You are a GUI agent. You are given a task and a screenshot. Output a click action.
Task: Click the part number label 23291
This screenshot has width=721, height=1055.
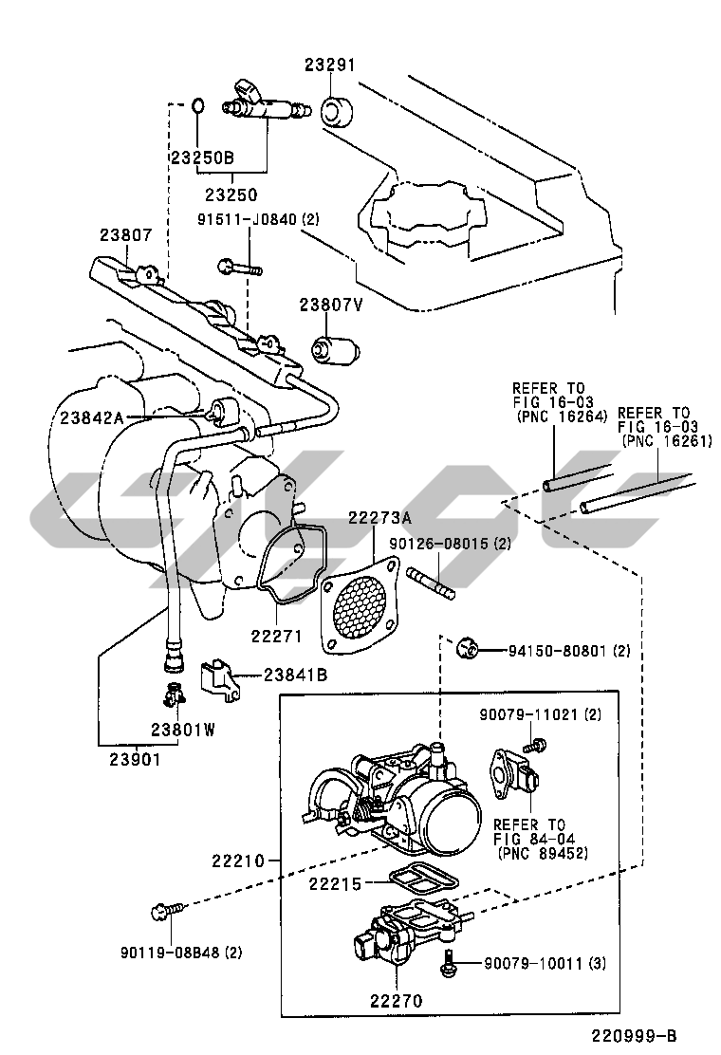tap(329, 65)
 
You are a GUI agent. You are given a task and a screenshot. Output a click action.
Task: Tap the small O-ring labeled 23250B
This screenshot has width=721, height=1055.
tap(197, 106)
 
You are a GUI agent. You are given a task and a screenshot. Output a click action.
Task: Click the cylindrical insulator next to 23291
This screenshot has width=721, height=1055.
tap(336, 111)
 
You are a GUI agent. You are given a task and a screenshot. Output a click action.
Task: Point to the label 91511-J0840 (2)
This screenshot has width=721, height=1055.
tap(258, 220)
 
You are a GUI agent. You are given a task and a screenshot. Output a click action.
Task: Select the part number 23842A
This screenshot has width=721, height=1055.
tap(92, 417)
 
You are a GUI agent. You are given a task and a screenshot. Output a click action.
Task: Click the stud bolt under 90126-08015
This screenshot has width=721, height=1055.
tap(431, 582)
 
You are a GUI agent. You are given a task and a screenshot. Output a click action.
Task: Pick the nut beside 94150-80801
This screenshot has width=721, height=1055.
tap(466, 649)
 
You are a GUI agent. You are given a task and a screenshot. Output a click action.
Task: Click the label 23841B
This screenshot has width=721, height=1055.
tap(295, 675)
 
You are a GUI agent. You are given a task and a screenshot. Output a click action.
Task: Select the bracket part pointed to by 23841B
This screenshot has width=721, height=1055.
tap(219, 680)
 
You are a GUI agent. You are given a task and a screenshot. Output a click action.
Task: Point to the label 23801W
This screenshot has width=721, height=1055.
tap(183, 730)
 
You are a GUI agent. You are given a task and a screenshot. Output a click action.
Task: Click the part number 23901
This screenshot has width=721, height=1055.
tap(135, 759)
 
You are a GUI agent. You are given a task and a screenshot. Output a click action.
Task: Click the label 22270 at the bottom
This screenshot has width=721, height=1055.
tap(397, 1001)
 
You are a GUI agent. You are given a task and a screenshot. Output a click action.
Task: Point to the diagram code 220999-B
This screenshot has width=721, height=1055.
tap(634, 1035)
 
